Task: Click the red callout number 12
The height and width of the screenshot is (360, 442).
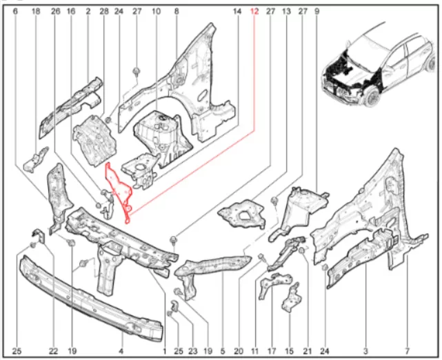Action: pos(254,11)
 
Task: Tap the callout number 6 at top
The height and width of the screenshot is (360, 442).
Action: pos(15,11)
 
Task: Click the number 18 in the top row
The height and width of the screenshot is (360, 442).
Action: pos(36,11)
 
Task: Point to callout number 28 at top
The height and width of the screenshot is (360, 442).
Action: pos(103,11)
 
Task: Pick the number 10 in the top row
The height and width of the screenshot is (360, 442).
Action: pos(156,11)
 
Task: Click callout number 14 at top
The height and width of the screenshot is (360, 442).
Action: pos(237,11)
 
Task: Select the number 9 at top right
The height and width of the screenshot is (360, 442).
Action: pos(317,11)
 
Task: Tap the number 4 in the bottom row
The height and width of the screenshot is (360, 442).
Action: pos(121,351)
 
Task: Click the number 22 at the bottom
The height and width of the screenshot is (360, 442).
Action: pos(53,351)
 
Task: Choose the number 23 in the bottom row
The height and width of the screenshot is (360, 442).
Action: pos(193,351)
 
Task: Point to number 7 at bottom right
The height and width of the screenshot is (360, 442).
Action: pos(407,351)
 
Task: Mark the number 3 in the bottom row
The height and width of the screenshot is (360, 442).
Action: pos(365,351)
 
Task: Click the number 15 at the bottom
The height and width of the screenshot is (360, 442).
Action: pos(289,351)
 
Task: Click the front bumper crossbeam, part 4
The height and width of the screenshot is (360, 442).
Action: pos(90,299)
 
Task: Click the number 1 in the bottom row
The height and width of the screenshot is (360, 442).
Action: pos(165,351)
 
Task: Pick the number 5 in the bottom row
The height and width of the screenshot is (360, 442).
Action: pos(223,351)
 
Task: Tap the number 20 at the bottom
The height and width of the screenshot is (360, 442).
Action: pos(239,351)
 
